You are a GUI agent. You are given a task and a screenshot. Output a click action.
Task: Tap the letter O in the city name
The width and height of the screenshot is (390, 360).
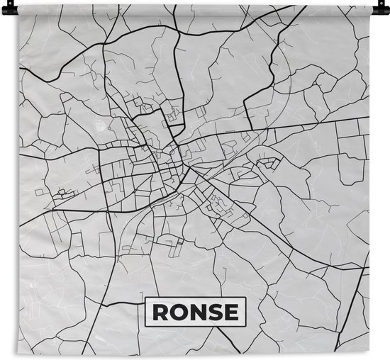tap(177, 312)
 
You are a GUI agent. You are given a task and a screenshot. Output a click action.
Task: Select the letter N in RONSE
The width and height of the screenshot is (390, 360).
tap(196, 312)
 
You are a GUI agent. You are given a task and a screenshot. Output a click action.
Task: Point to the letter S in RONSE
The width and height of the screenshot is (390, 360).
tap(213, 312)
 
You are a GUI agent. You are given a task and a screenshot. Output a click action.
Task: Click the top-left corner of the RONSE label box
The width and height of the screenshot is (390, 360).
tap(145, 298)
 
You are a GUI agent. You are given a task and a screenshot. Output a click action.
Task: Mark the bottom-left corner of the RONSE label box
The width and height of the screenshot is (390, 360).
tap(145, 325)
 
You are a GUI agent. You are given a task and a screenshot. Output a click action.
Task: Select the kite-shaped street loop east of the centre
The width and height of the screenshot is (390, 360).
tap(268, 164)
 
